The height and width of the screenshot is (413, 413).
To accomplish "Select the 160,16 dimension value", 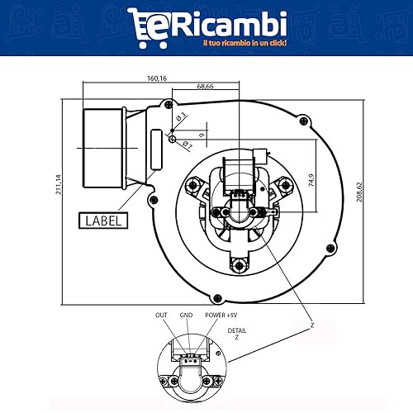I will tap(157, 78).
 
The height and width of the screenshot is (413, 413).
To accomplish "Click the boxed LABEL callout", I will tap(102, 221).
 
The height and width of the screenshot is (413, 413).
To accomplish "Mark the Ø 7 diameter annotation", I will tap(187, 146).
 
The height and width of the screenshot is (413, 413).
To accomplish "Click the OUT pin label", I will tap(161, 316).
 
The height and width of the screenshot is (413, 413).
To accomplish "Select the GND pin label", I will tap(186, 316).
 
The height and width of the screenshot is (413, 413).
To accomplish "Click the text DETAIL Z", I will tap(237, 335).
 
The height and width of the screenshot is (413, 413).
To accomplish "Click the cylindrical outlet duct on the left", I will tap(99, 145).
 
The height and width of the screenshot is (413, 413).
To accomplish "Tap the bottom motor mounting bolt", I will tap(240, 264).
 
